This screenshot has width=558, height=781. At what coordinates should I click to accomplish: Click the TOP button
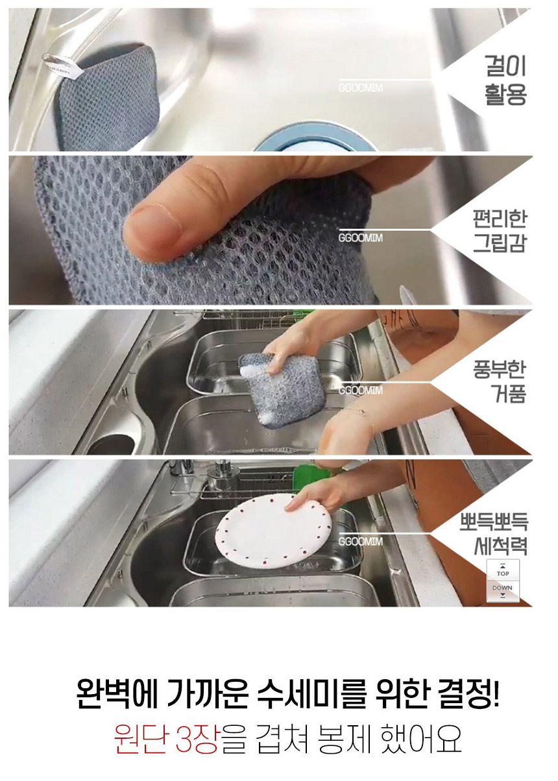(x=503, y=570)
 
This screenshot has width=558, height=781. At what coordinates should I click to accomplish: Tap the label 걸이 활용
(x=505, y=80)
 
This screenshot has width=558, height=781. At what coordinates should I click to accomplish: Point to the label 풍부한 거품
(x=499, y=381)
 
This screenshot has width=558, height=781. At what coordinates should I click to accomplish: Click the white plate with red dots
(x=273, y=531)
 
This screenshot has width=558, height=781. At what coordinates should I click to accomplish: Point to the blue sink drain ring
(x=315, y=138)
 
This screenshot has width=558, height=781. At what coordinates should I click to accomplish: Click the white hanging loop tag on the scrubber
(x=62, y=66)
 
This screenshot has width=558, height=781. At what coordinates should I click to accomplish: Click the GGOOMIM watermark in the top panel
(x=360, y=88)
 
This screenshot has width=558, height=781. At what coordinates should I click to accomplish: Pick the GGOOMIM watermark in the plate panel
(x=360, y=542)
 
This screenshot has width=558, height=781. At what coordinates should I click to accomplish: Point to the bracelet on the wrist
(x=361, y=415)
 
